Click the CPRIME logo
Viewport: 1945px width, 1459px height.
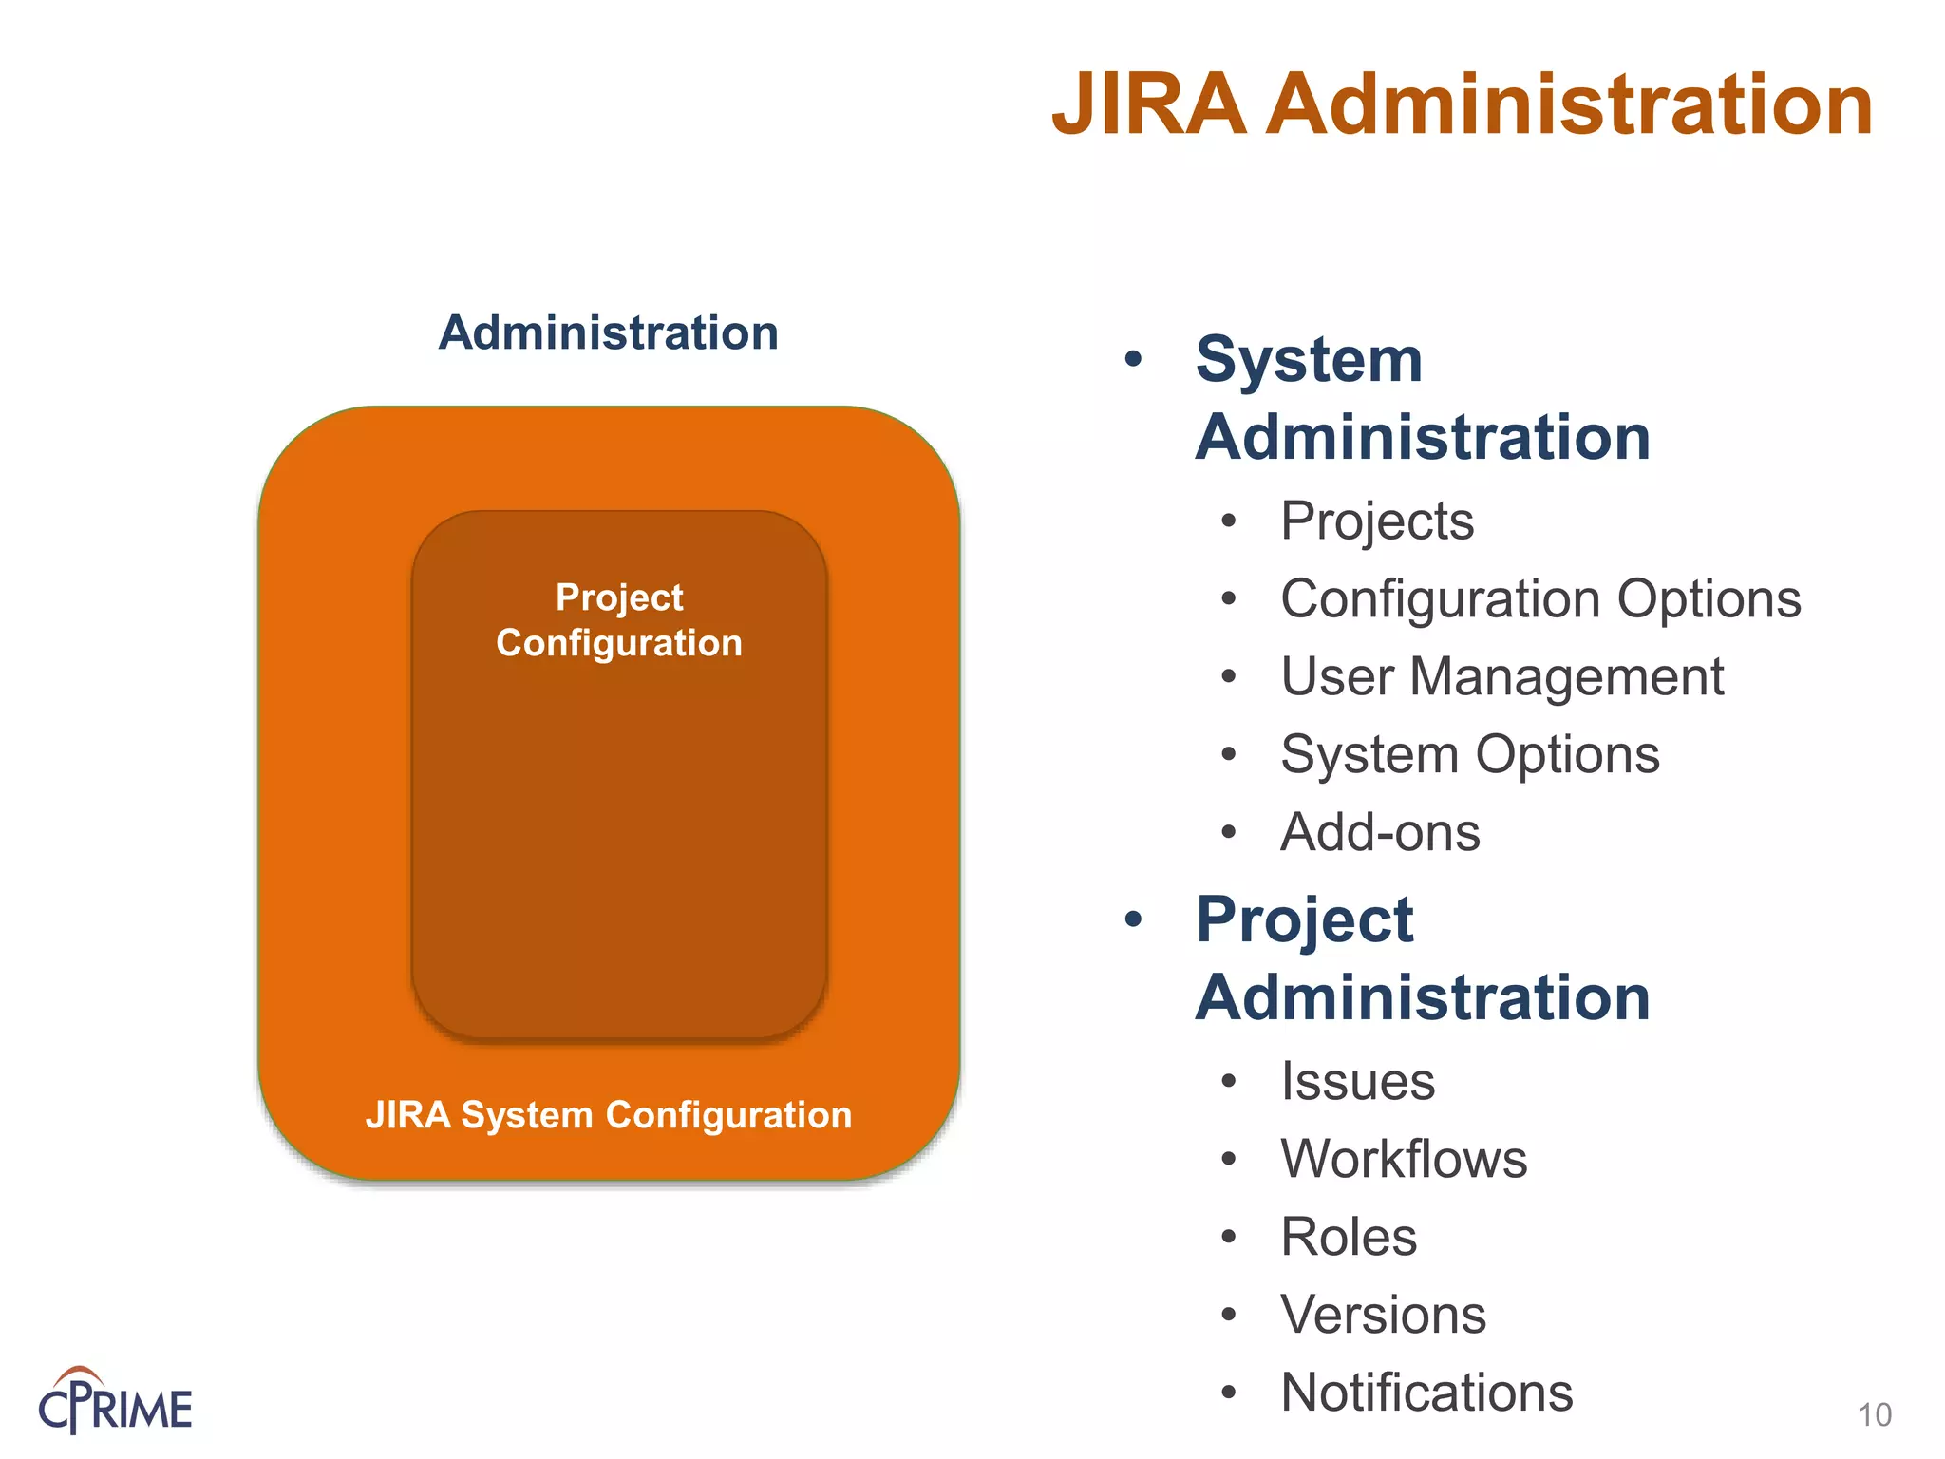115,1402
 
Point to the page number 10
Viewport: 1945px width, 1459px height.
1875,1415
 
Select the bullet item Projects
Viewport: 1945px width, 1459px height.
1377,521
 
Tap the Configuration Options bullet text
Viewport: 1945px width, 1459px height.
1540,598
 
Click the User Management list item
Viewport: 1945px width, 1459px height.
1501,676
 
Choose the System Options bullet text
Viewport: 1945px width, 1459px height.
1470,754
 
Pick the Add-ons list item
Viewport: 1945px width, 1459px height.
1380,832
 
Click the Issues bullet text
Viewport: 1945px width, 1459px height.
1357,1081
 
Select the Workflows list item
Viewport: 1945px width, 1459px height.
1404,1159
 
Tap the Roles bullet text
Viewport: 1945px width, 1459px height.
1349,1237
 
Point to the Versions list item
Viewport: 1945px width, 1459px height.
1383,1315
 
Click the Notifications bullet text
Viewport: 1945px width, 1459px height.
1426,1393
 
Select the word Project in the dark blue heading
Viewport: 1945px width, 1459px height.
1304,919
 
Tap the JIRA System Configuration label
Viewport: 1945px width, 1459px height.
609,1114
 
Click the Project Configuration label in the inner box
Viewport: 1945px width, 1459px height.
619,620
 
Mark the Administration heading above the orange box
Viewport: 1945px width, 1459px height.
609,333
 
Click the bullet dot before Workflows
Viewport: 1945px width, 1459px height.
1229,1160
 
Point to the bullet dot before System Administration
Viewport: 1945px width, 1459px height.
1133,359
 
